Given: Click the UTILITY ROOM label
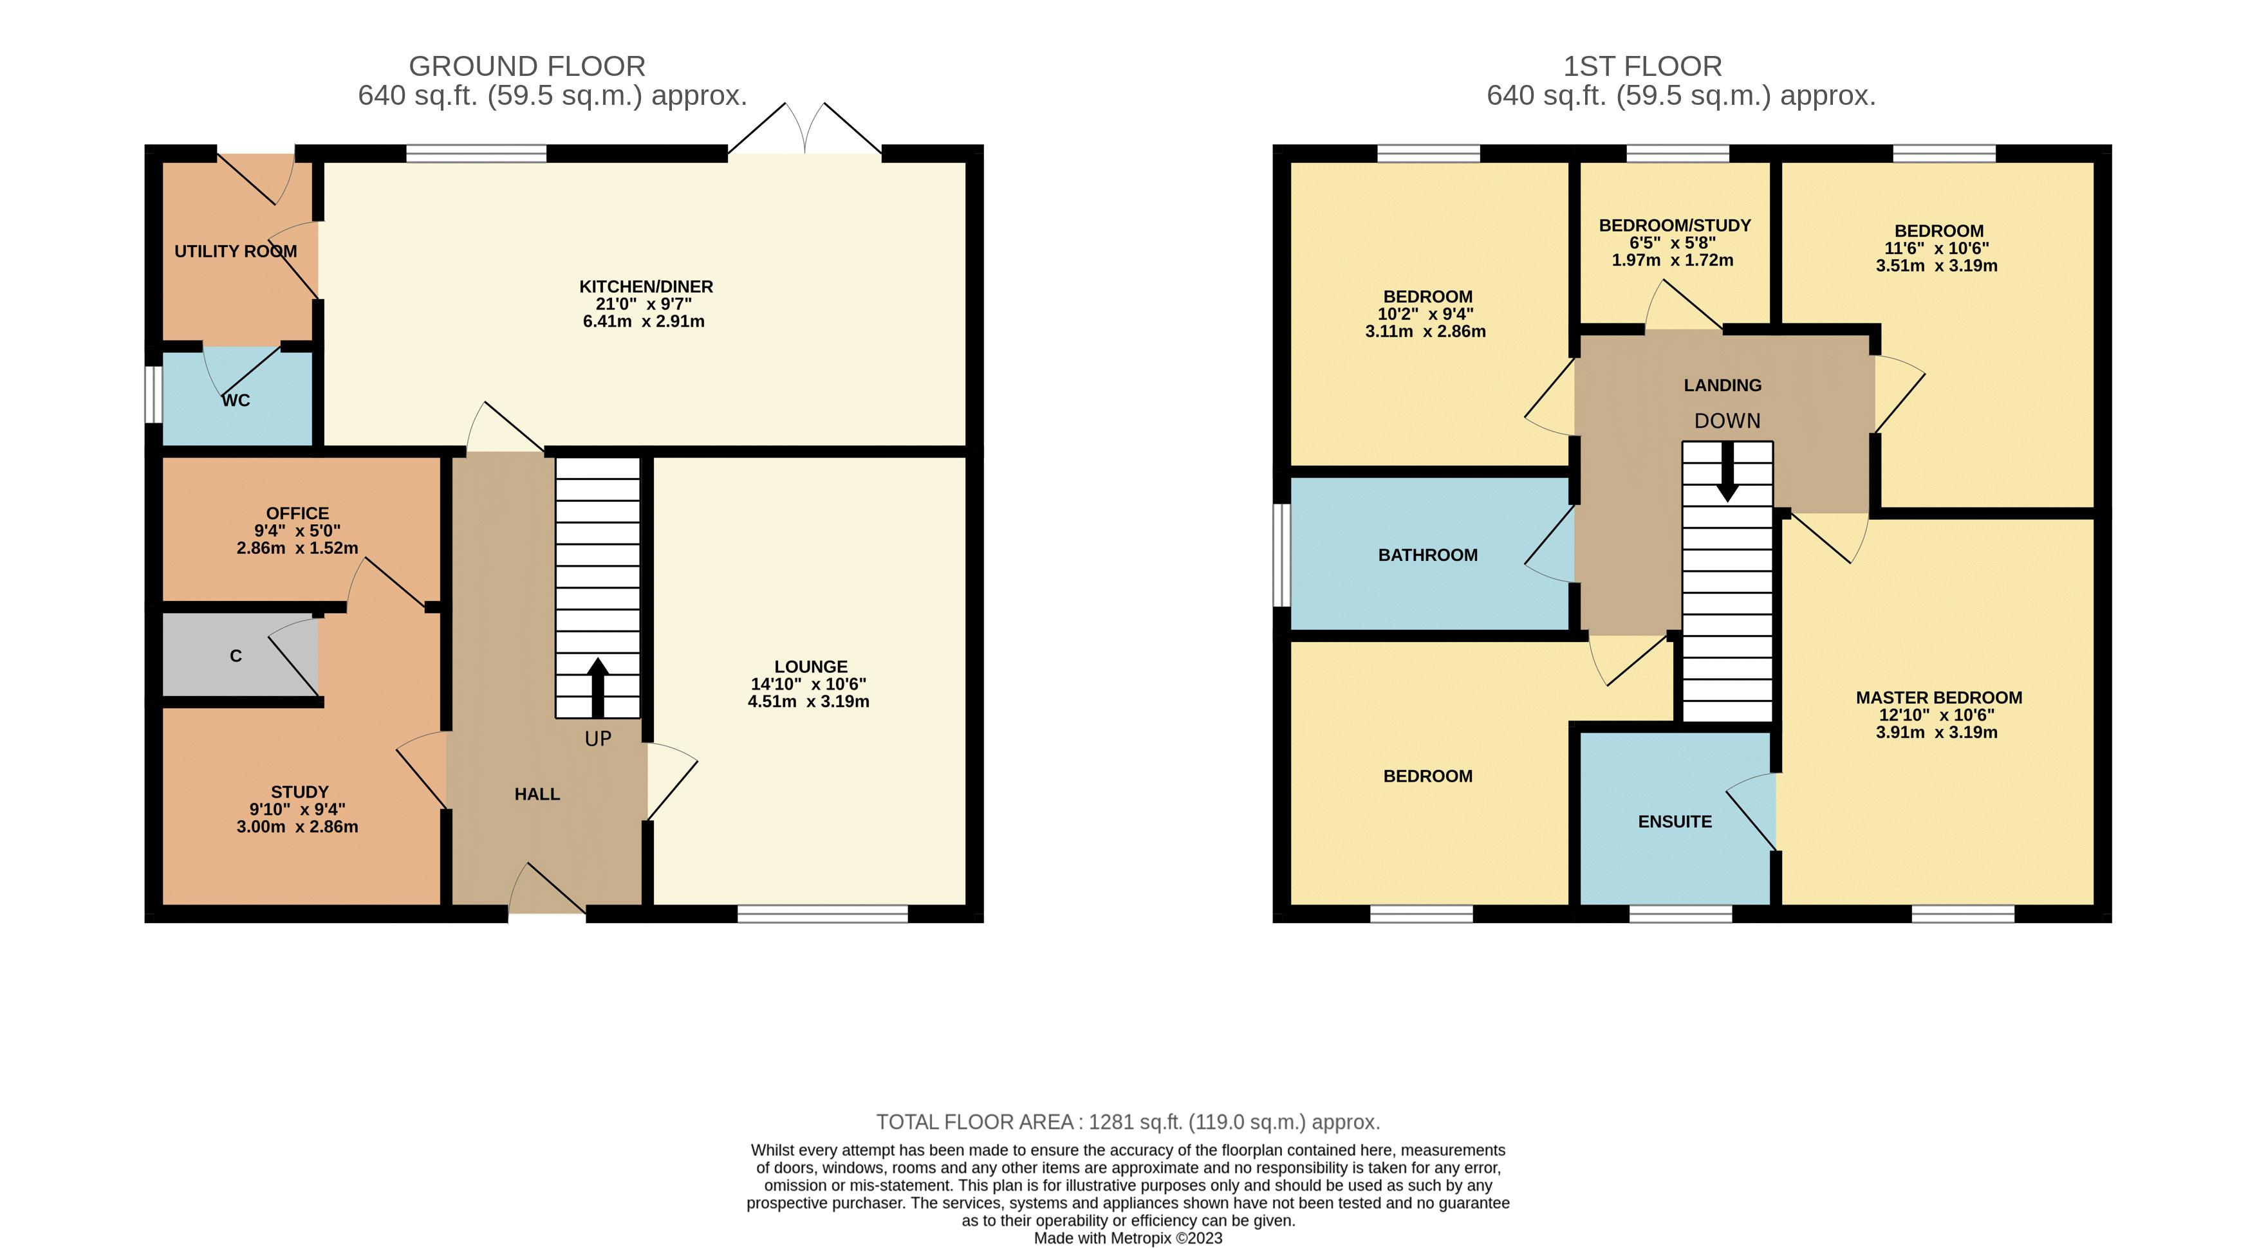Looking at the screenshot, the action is [x=236, y=252].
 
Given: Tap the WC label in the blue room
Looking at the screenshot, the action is [x=236, y=400].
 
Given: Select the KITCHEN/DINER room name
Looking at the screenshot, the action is [x=646, y=286].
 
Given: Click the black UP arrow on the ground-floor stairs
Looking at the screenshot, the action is [x=599, y=688].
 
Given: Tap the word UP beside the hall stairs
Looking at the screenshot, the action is [x=599, y=739].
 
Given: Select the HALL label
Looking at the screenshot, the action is [x=537, y=794].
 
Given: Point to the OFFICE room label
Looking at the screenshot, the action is [x=298, y=513].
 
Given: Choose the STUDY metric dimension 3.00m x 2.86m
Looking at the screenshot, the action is [x=297, y=827].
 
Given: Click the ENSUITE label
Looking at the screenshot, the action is [x=1675, y=821].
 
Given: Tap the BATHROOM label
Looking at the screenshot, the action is [x=1428, y=555].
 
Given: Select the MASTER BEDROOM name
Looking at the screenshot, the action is [x=1939, y=698].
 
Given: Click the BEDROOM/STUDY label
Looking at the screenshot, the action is [x=1675, y=226].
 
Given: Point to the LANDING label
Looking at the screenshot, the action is [x=1723, y=385].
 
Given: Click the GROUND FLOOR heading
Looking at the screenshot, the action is [x=528, y=66].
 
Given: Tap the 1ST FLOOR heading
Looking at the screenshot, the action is [x=1643, y=66].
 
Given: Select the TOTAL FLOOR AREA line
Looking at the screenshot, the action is [x=1129, y=1122].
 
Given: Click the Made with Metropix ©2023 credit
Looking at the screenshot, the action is [x=1129, y=1238].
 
